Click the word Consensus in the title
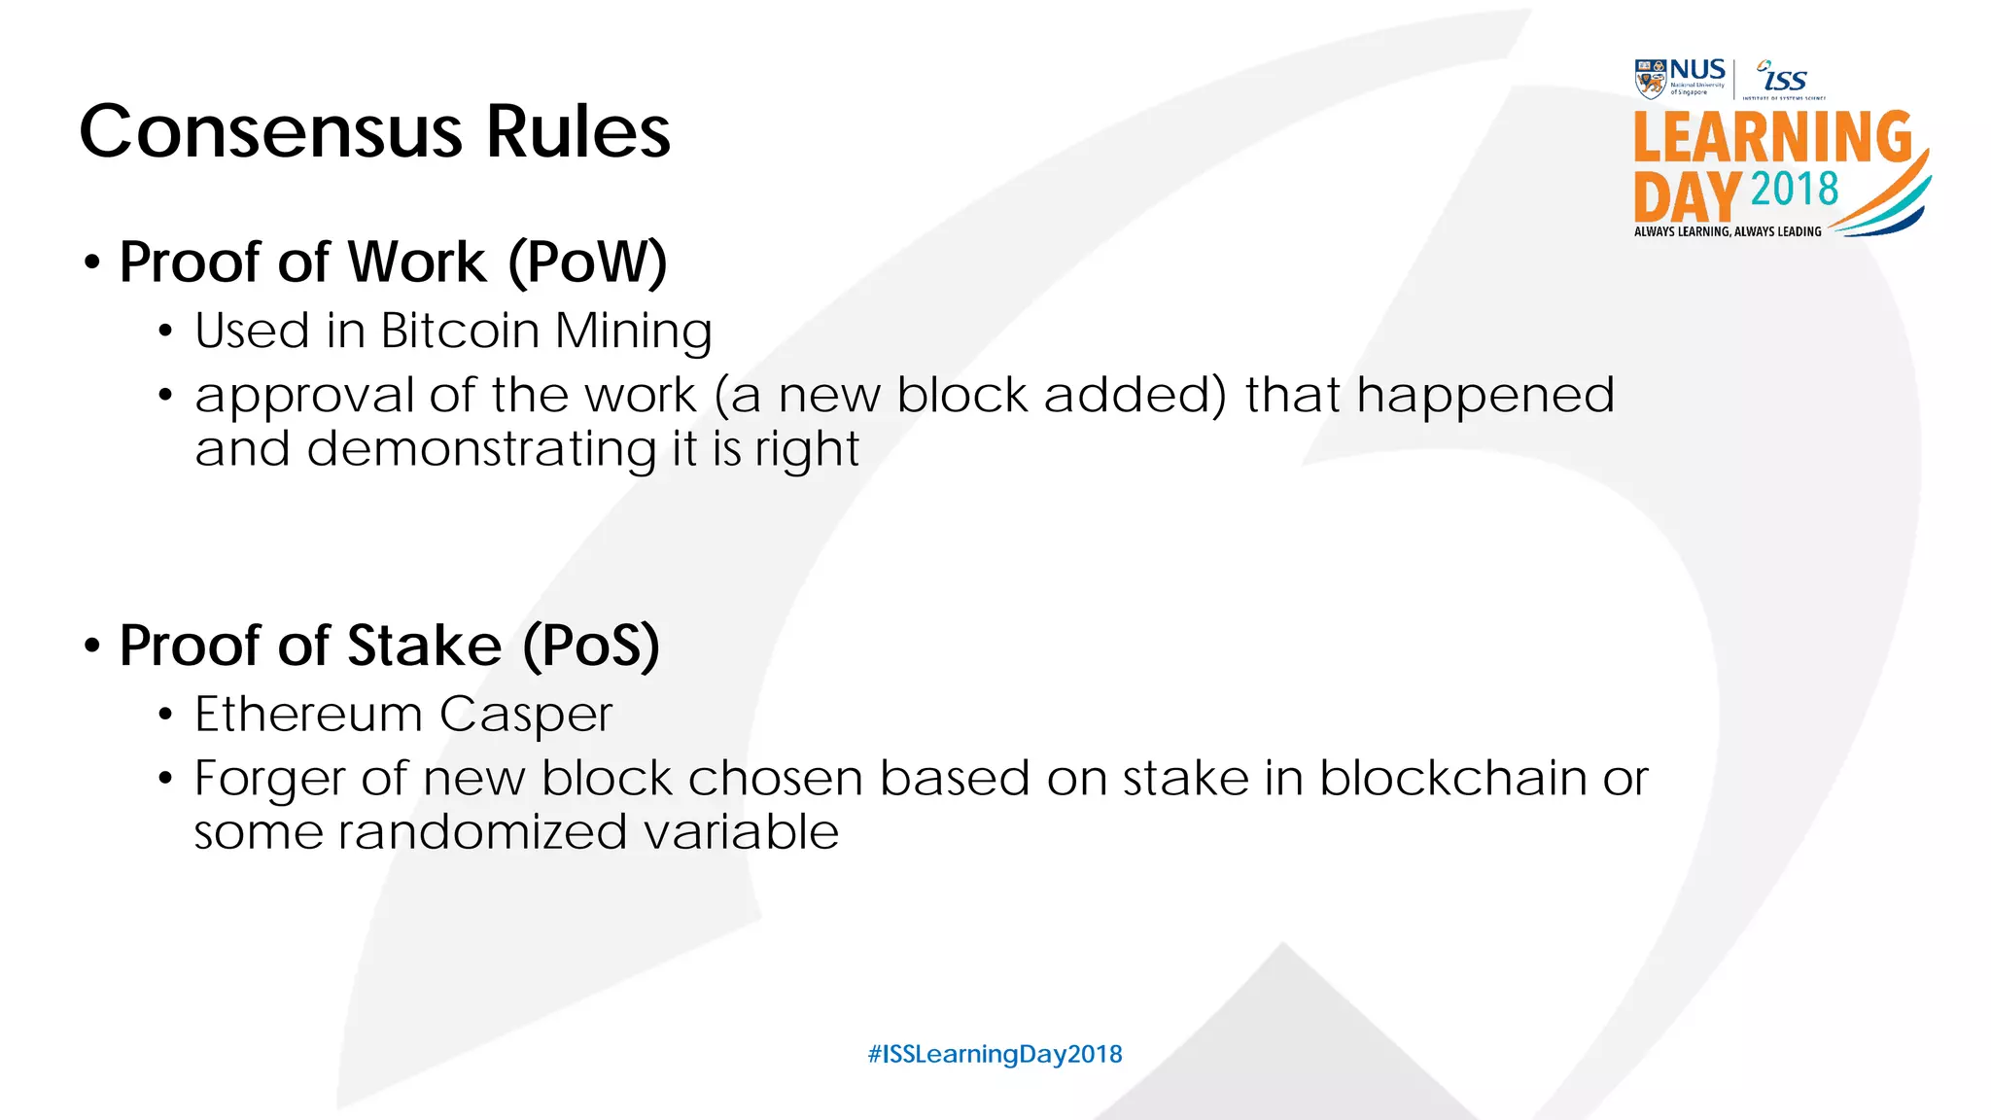pyautogui.click(x=270, y=132)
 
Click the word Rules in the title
pyautogui.click(x=577, y=132)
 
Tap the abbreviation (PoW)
pyautogui.click(x=587, y=262)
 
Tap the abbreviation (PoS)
pyautogui.click(x=591, y=646)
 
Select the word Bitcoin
pyautogui.click(x=460, y=331)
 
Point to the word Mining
pyautogui.click(x=633, y=332)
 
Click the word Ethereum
pyautogui.click(x=307, y=715)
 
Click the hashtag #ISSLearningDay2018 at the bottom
pyautogui.click(x=995, y=1054)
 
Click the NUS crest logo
pyautogui.click(x=1650, y=79)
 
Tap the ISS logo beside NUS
pyautogui.click(x=1784, y=78)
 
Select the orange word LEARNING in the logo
pyautogui.click(x=1772, y=137)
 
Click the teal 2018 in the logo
pyautogui.click(x=1795, y=189)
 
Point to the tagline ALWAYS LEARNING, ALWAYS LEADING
pyautogui.click(x=1728, y=231)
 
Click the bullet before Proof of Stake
pyautogui.click(x=92, y=646)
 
